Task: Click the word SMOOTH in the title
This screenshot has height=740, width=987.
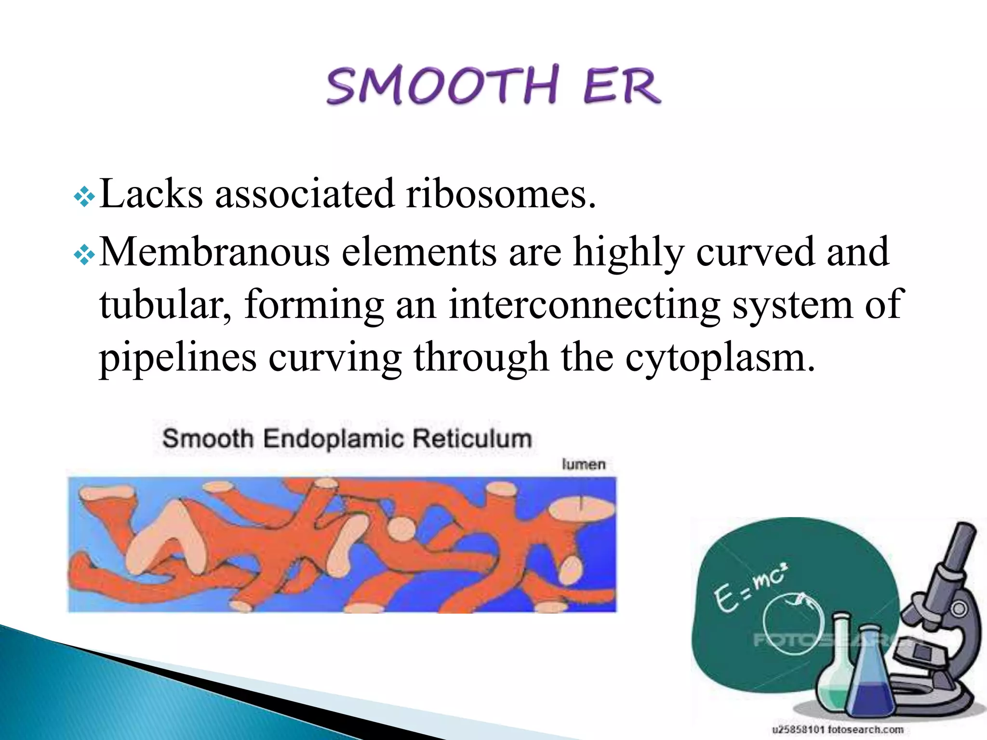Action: coord(442,85)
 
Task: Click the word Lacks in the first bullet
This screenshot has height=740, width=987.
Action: coord(151,194)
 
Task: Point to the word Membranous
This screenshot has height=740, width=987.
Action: coord(214,251)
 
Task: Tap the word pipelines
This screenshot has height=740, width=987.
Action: coord(177,358)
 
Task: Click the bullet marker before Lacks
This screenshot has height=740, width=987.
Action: coord(84,197)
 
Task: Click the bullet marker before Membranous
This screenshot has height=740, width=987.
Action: coord(84,255)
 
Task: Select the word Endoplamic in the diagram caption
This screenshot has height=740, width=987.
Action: coord(333,439)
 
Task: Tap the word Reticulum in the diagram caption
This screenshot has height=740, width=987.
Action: coord(472,438)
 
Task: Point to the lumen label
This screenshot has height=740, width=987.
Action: coord(584,464)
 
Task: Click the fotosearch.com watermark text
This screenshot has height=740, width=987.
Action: coord(837,729)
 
